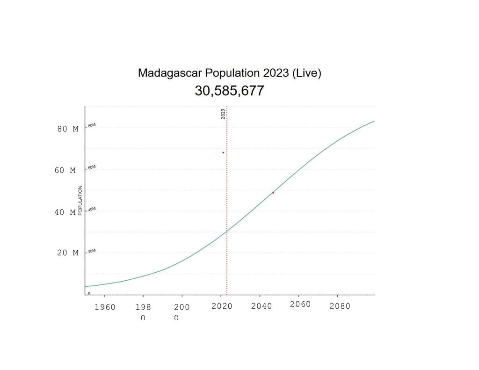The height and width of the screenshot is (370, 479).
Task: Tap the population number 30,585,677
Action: pos(229,91)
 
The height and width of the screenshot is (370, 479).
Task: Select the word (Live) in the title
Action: pos(306,73)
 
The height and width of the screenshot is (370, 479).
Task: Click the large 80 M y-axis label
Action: pos(68,129)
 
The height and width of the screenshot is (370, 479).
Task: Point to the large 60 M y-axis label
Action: pos(65,171)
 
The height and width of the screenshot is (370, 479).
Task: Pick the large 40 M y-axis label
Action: pos(65,212)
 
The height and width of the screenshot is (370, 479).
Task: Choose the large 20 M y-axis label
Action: pos(68,253)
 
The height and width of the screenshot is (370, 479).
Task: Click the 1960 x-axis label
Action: pos(105,307)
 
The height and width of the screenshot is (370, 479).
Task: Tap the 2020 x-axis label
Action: pos(222,306)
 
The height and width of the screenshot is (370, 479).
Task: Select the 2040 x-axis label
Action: pos(261,306)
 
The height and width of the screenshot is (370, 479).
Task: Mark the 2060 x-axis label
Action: pos(300,305)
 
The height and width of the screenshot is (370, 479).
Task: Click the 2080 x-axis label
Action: pos(340,306)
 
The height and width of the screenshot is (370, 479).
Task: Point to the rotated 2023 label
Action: pos(223,114)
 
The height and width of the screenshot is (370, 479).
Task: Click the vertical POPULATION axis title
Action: pos(80,200)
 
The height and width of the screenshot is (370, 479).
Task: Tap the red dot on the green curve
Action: pos(273,193)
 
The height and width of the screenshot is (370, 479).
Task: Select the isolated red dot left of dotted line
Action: pos(223,152)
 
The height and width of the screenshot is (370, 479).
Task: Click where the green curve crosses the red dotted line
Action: pos(227,231)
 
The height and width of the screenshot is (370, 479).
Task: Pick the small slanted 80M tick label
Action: pos(92,125)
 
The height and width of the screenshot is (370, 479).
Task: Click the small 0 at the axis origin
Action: pos(89,293)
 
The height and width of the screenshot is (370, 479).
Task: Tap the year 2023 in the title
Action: pos(276,73)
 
